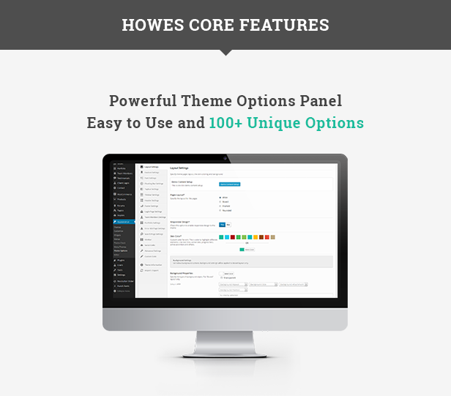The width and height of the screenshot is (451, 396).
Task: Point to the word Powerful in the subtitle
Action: [x=144, y=101]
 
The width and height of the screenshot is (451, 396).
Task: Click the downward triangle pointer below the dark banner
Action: [x=225, y=53]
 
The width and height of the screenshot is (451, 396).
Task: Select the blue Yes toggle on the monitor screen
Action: [x=222, y=225]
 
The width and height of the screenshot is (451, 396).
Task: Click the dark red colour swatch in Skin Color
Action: [x=232, y=237]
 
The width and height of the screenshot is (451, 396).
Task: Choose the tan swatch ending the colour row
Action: [x=273, y=237]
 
